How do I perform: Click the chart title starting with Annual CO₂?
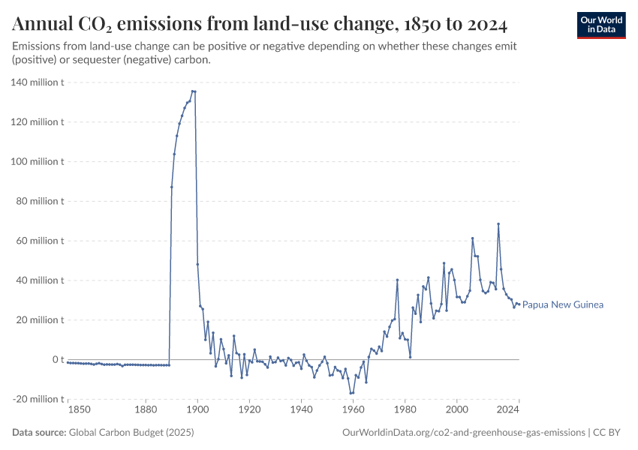click(x=260, y=25)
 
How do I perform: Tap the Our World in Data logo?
click(x=600, y=25)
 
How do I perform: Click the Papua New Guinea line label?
click(x=563, y=304)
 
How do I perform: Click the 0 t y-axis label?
click(x=56, y=360)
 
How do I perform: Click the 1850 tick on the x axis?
click(x=79, y=409)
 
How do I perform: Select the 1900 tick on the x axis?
click(x=197, y=409)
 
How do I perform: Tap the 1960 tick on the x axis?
click(x=353, y=409)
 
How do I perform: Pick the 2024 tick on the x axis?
click(x=508, y=409)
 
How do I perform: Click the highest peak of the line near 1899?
click(x=193, y=91)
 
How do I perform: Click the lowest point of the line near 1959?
click(x=351, y=393)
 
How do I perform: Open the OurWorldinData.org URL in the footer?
click(x=463, y=433)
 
